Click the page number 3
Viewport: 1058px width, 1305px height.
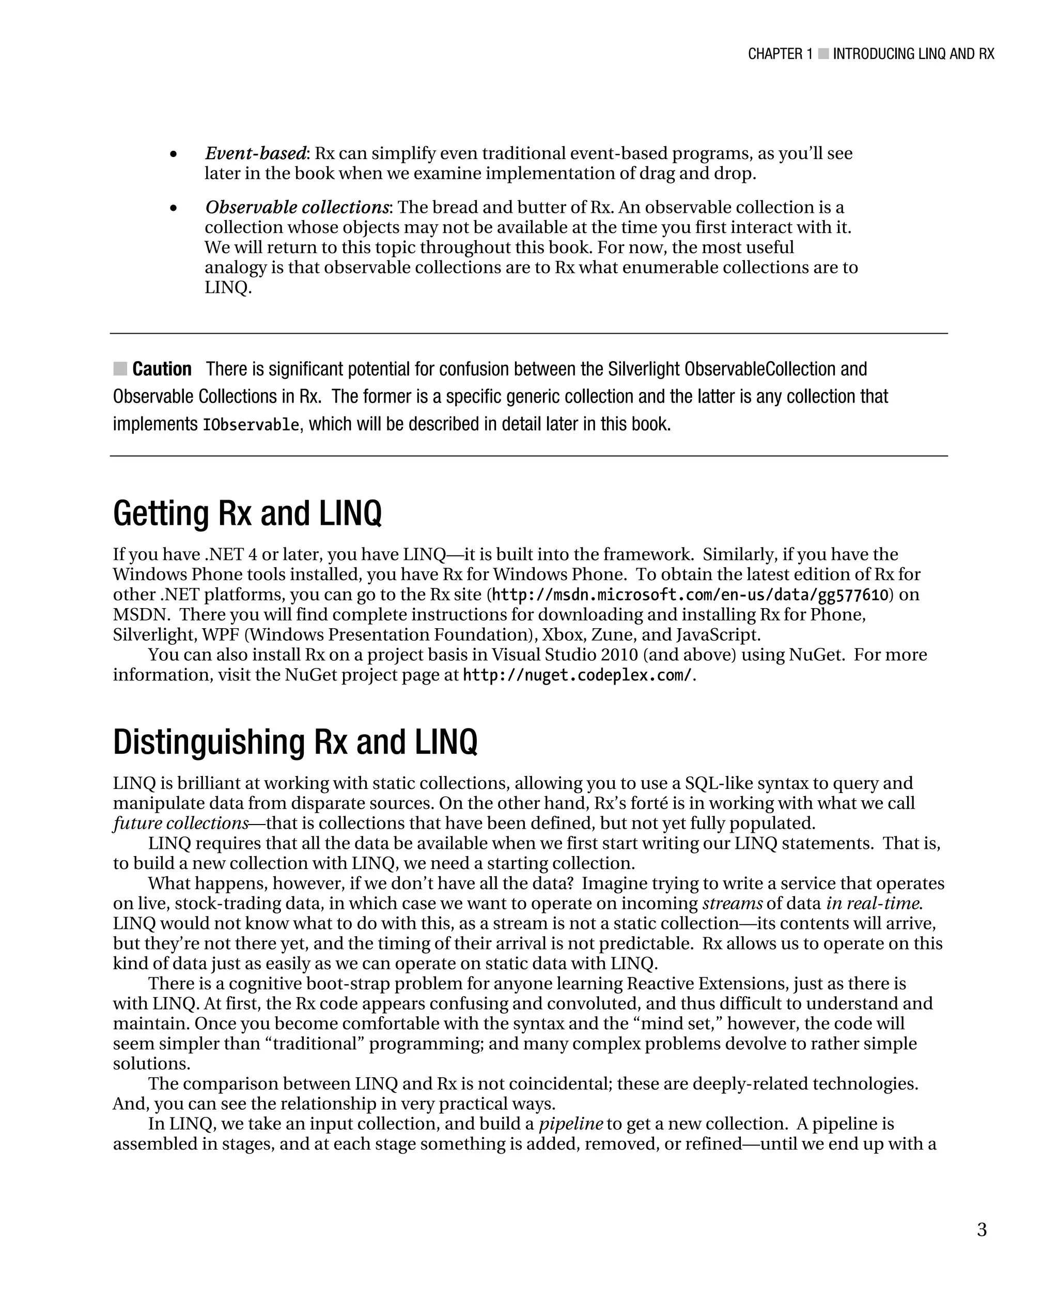pyautogui.click(x=981, y=1230)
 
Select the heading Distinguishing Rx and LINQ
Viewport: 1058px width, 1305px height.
pyautogui.click(x=295, y=742)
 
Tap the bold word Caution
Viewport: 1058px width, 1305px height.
pyautogui.click(x=162, y=369)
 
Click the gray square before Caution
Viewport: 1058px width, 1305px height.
pyautogui.click(x=120, y=368)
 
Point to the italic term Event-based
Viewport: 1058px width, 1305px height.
pyautogui.click(x=255, y=153)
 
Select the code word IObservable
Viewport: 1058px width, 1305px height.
pyautogui.click(x=251, y=425)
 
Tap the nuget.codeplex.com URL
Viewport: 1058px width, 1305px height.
pyautogui.click(x=577, y=675)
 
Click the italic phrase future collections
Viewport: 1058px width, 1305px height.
pyautogui.click(x=180, y=824)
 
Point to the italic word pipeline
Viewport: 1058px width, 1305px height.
pyautogui.click(x=570, y=1124)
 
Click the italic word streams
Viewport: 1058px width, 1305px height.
pyautogui.click(x=732, y=903)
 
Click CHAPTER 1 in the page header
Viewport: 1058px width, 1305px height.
pyautogui.click(x=780, y=54)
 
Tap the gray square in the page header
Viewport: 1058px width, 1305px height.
pyautogui.click(x=823, y=54)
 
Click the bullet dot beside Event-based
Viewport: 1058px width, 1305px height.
pyautogui.click(x=174, y=155)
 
